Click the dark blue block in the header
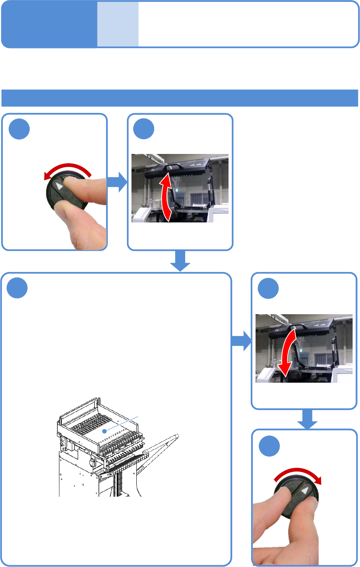(x=49, y=24)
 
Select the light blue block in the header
(x=118, y=24)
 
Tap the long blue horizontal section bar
(x=180, y=98)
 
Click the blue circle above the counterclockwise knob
(x=19, y=129)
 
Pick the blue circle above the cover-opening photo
(x=144, y=129)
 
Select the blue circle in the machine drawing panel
(x=17, y=288)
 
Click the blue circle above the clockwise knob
(x=269, y=446)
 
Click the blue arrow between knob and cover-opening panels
(x=117, y=182)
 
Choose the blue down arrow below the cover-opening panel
(x=180, y=261)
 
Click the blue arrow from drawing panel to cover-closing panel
(x=241, y=341)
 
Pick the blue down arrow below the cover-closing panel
(x=307, y=419)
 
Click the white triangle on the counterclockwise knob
(x=59, y=185)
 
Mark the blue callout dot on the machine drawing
(x=105, y=431)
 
